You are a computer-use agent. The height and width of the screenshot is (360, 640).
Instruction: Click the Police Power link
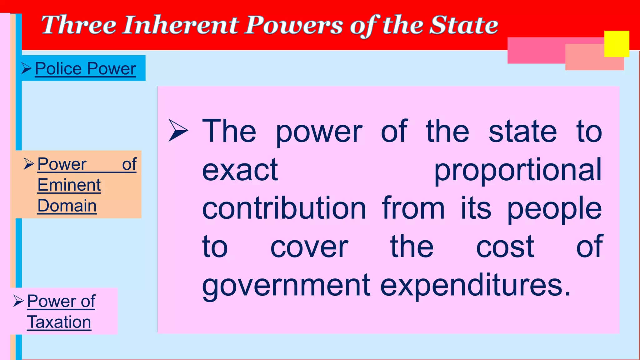click(x=85, y=69)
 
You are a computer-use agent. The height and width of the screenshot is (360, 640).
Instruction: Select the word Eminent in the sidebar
click(x=69, y=185)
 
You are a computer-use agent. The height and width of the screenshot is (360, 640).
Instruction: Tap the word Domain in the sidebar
click(x=67, y=206)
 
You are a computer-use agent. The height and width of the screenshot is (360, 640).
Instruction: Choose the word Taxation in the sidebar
click(x=59, y=322)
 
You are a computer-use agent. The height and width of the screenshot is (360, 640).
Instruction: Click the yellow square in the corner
click(x=617, y=44)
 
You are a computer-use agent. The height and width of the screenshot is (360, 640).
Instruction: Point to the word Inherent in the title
click(x=180, y=25)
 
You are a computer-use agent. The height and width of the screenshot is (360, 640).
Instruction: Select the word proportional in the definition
click(x=518, y=170)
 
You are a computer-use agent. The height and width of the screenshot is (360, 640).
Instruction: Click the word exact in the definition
click(x=240, y=170)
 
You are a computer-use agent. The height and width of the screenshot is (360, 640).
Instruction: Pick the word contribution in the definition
click(x=284, y=209)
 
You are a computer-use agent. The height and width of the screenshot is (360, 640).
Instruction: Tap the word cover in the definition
click(x=309, y=247)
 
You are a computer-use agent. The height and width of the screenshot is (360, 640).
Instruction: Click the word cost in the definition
click(x=505, y=247)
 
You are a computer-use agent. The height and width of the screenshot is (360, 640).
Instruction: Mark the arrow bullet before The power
click(x=178, y=130)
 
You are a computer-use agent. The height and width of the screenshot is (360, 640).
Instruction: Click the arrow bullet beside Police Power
click(x=27, y=68)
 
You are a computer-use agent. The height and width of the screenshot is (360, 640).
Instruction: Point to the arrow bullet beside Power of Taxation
click(x=19, y=301)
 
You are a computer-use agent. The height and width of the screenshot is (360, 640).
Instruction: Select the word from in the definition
click(x=413, y=209)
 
